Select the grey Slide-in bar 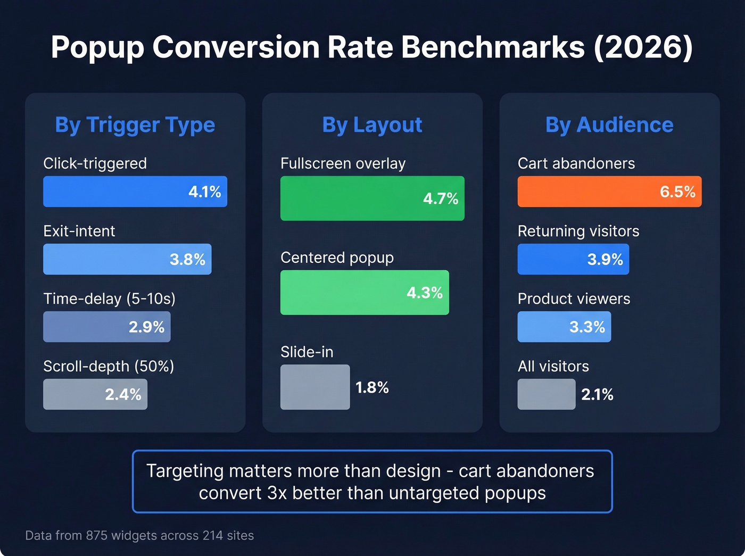tap(315, 387)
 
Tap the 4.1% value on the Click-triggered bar tap(205, 192)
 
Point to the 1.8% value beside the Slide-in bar tap(372, 387)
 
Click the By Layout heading tap(372, 125)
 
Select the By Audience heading tap(609, 125)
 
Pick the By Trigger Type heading tap(135, 125)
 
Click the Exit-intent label tap(79, 231)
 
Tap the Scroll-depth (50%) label tap(109, 366)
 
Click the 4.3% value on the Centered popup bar tap(425, 293)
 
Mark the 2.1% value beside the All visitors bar tap(597, 394)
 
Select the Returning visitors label tap(578, 231)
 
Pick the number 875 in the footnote tap(96, 535)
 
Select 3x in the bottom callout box tap(277, 493)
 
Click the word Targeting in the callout tap(185, 471)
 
